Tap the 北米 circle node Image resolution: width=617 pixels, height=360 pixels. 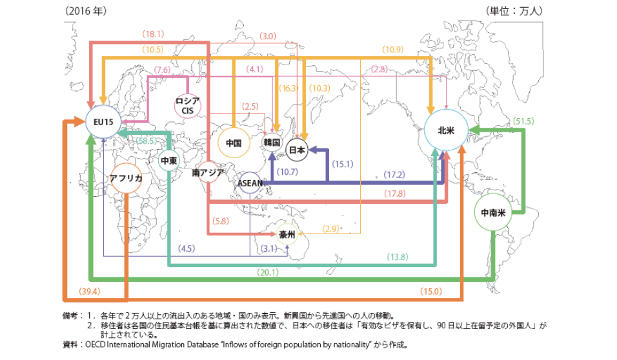[x=446, y=130]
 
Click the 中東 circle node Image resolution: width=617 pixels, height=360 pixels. [x=169, y=160]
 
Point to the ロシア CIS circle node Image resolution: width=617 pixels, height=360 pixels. [x=191, y=105]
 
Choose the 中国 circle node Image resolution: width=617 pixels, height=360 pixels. [x=234, y=143]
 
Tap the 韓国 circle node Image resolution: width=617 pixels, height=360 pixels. [x=272, y=142]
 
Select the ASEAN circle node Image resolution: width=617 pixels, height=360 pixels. [x=250, y=183]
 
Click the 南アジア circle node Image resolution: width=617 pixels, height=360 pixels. [x=208, y=172]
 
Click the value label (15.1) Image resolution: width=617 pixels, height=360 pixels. [x=343, y=164]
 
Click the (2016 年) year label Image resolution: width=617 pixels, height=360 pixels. [x=85, y=11]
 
